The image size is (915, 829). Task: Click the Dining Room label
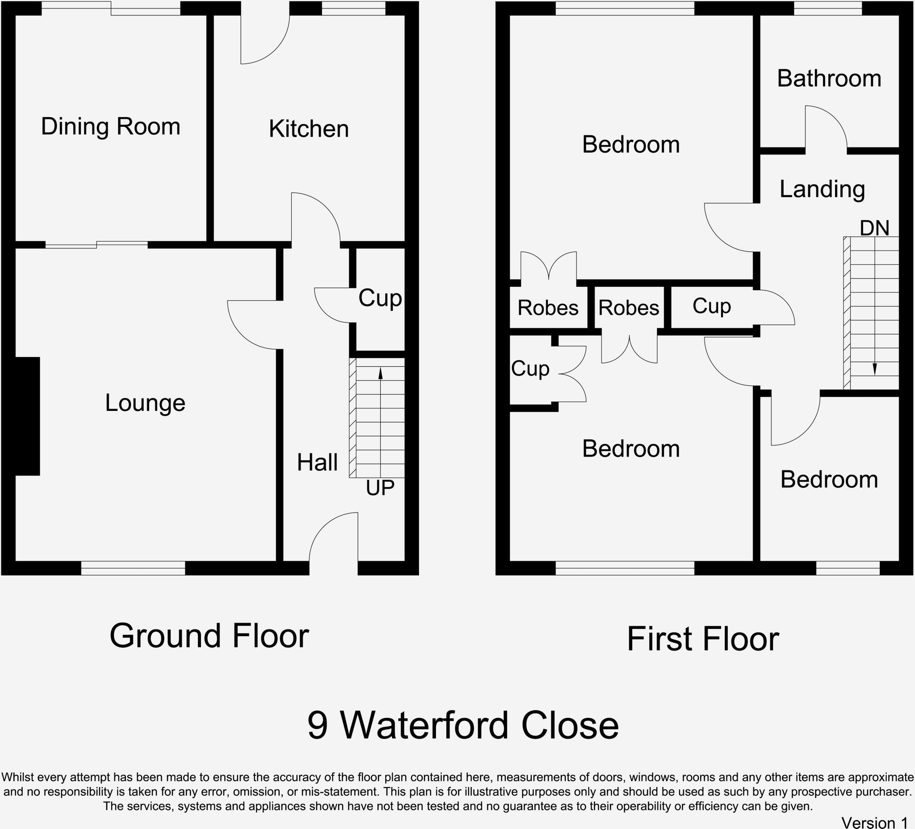pyautogui.click(x=110, y=126)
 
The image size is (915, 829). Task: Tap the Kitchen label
pyautogui.click(x=309, y=129)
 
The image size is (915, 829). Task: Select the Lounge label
pyautogui.click(x=145, y=403)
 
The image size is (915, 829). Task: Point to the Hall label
pyautogui.click(x=317, y=463)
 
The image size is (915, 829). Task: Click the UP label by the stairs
pyautogui.click(x=380, y=488)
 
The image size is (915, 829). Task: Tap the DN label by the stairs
pyautogui.click(x=874, y=228)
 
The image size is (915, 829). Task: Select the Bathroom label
pyautogui.click(x=829, y=79)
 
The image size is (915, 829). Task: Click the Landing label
pyautogui.click(x=822, y=189)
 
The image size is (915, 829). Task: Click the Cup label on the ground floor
pyautogui.click(x=380, y=298)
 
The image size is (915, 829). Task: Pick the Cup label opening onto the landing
pyautogui.click(x=711, y=306)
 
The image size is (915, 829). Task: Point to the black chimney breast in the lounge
pyautogui.click(x=27, y=416)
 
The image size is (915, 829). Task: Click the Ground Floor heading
pyautogui.click(x=209, y=636)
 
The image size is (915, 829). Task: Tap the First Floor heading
pyautogui.click(x=703, y=639)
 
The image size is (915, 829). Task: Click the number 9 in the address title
pyautogui.click(x=317, y=725)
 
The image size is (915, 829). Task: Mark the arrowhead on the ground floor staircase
pyautogui.click(x=380, y=373)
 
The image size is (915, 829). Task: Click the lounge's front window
pyautogui.click(x=133, y=568)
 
